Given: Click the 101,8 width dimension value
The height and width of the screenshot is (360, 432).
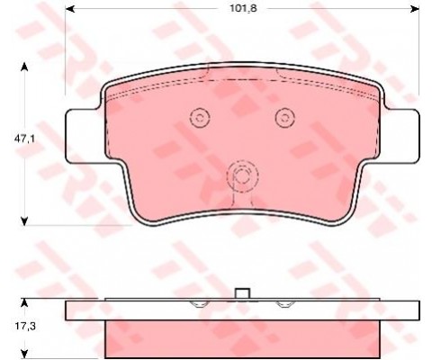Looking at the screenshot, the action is (x=243, y=8).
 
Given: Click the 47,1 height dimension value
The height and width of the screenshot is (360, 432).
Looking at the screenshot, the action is (x=24, y=139).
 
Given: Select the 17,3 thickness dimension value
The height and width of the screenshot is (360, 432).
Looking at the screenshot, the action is (x=25, y=326).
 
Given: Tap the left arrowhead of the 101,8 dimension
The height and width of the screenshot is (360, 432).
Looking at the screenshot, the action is (x=70, y=9).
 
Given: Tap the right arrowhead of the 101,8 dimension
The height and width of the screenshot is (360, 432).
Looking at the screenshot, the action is (x=415, y=9).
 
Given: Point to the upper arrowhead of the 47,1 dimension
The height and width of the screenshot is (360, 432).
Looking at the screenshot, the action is (x=24, y=67).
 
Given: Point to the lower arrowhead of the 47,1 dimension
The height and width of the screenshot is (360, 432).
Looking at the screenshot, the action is (x=24, y=221).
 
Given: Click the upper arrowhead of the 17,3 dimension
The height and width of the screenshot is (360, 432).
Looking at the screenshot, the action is (x=24, y=303).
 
